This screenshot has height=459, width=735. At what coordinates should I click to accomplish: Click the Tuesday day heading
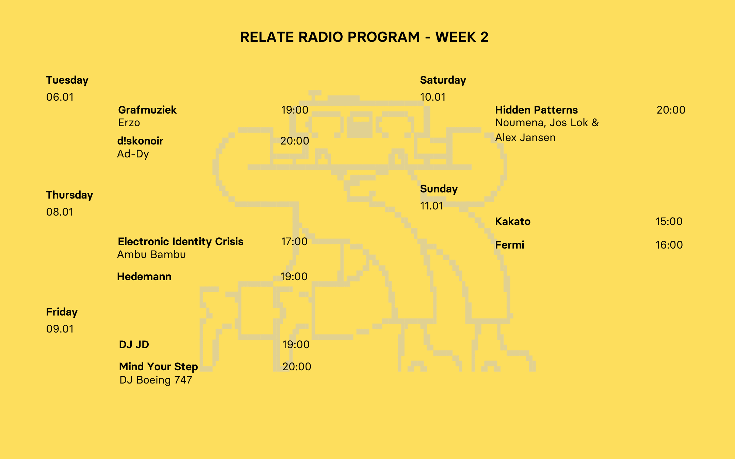(x=67, y=80)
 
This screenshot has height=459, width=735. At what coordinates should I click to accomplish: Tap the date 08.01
(x=60, y=212)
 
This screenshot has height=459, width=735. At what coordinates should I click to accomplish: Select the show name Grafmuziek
(x=147, y=110)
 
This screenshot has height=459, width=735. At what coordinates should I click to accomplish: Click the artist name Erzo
(x=129, y=123)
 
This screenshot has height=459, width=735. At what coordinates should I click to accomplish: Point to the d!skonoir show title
(x=140, y=141)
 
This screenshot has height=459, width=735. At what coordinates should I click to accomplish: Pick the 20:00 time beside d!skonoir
(x=295, y=141)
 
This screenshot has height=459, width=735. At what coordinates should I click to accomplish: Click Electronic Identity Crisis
(x=180, y=241)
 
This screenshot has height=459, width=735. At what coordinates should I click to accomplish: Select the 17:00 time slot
(x=294, y=241)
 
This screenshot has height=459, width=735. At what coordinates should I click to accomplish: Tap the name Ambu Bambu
(x=151, y=255)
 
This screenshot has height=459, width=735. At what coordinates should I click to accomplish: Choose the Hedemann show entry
(x=144, y=276)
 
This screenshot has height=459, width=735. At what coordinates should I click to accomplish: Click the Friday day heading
(x=62, y=312)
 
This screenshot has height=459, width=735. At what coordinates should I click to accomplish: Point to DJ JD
(x=134, y=344)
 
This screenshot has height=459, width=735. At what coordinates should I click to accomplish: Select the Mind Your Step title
(x=159, y=367)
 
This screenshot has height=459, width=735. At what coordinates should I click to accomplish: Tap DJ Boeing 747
(x=156, y=380)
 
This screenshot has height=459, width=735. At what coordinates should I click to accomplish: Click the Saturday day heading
(x=443, y=80)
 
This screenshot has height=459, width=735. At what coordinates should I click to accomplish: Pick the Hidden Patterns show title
(x=536, y=110)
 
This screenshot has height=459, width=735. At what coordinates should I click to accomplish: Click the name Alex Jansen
(x=525, y=138)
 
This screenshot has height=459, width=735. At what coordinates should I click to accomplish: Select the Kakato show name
(x=513, y=221)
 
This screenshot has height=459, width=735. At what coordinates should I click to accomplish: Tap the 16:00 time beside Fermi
(x=669, y=245)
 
